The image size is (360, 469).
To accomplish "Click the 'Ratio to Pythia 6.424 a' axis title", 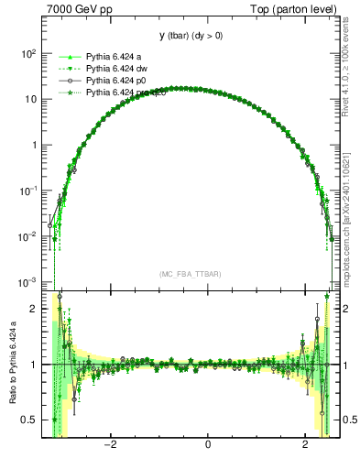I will coord(11,364).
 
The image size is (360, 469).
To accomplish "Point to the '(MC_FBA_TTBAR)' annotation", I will coord(191,274).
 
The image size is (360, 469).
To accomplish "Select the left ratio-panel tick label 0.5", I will coord(29,420).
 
